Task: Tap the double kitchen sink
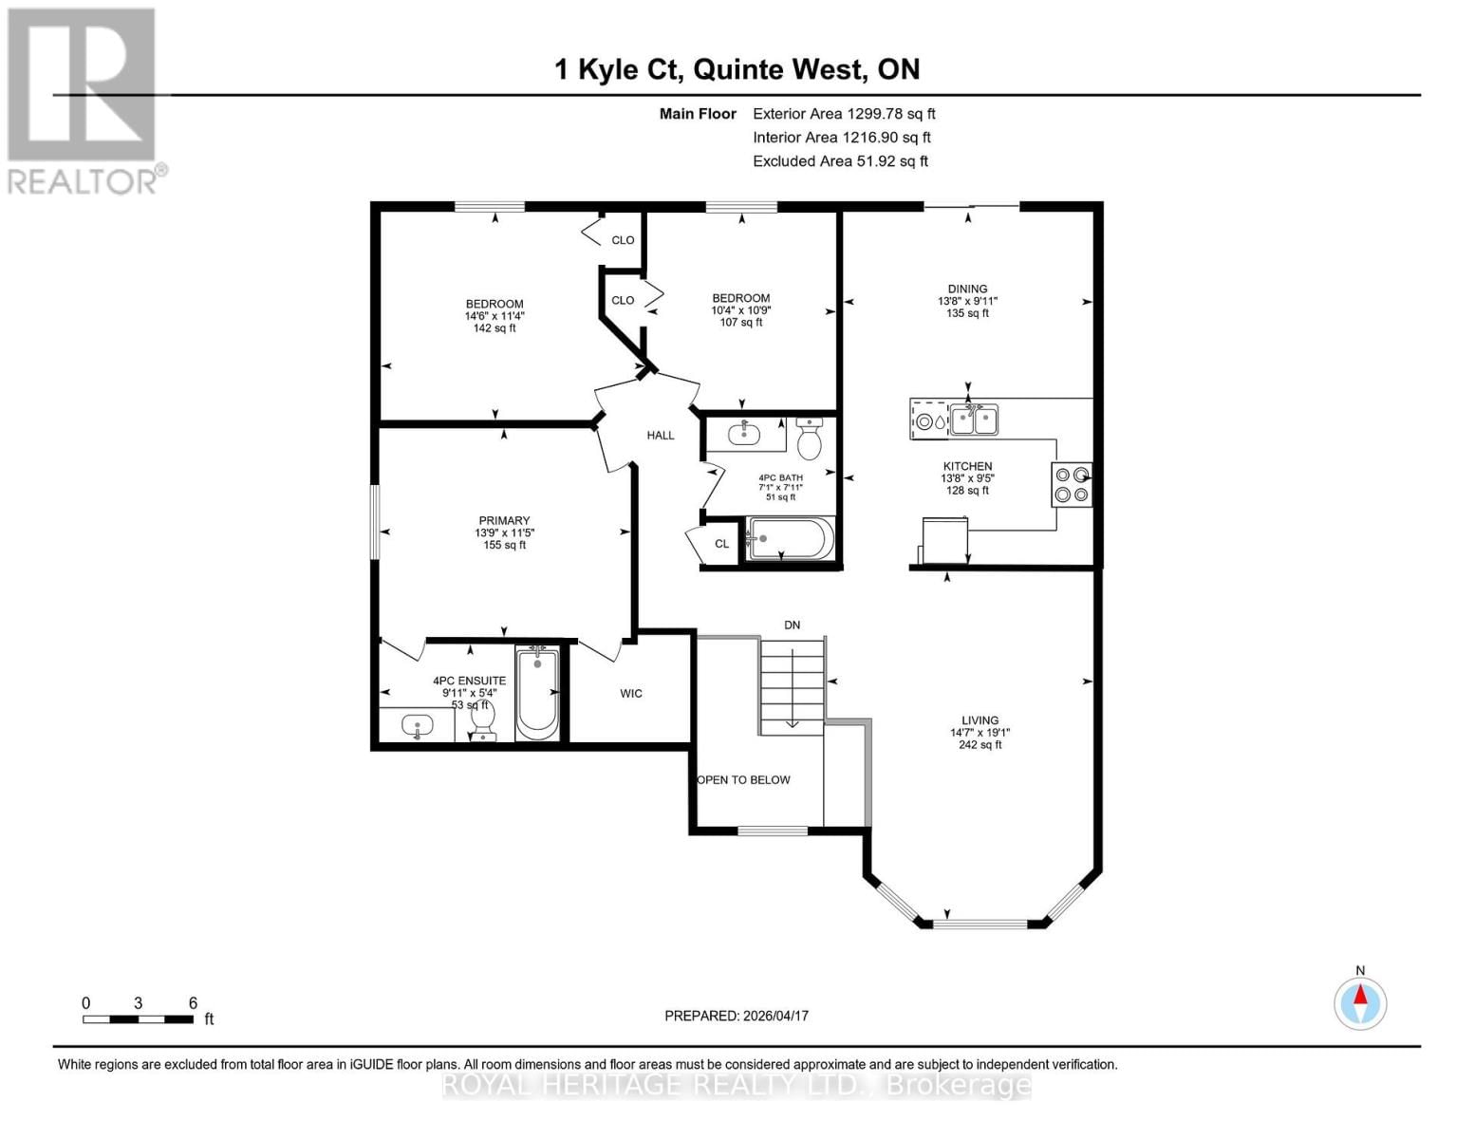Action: pyautogui.click(x=974, y=420)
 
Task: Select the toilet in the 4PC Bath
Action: pyautogui.click(x=810, y=440)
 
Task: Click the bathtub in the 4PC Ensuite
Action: pyautogui.click(x=537, y=693)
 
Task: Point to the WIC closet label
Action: pyautogui.click(x=631, y=694)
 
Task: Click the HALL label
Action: pyautogui.click(x=661, y=436)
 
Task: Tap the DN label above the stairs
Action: pyautogui.click(x=792, y=626)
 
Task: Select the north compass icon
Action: pyautogui.click(x=1360, y=1002)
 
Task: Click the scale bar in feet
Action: pyautogui.click(x=139, y=1019)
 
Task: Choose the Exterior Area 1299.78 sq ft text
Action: pyautogui.click(x=844, y=114)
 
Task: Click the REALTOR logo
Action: pyautogui.click(x=84, y=100)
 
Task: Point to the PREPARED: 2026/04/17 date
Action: pyautogui.click(x=737, y=1016)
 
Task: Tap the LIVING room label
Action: pyautogui.click(x=980, y=720)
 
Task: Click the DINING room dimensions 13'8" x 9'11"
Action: pyautogui.click(x=967, y=301)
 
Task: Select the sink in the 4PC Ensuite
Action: pyautogui.click(x=417, y=727)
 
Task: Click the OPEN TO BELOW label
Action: pyautogui.click(x=744, y=780)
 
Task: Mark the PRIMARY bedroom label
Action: pyautogui.click(x=504, y=520)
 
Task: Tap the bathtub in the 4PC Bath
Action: pyautogui.click(x=791, y=539)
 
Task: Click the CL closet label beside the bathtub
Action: pyautogui.click(x=722, y=544)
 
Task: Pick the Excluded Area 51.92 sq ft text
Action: pyautogui.click(x=840, y=161)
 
